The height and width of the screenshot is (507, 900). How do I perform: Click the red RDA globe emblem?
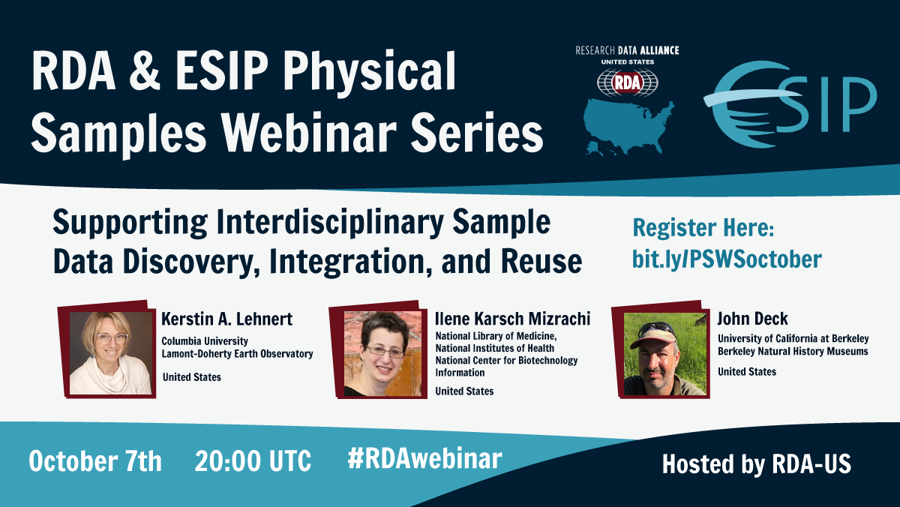628,82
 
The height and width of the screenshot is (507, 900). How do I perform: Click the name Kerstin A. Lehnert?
226,319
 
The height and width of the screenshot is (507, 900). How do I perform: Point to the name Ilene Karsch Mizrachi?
513,319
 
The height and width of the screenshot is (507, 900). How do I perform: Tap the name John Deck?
752,319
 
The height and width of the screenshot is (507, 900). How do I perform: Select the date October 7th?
95,460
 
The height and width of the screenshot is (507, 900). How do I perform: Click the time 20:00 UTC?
253,460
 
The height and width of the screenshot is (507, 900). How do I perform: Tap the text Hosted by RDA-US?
757,464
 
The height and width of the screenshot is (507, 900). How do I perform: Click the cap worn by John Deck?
653,335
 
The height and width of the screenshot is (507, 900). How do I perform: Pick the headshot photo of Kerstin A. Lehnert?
110,353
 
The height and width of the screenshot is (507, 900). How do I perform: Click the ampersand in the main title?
145,70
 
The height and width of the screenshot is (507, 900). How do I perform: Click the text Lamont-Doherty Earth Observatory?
237,353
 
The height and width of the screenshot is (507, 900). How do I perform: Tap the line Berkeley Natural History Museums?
793,351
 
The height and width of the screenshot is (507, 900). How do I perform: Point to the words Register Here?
703,228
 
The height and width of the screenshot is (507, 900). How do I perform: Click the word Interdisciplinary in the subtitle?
330,223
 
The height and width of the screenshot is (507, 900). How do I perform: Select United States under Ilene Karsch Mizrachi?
464,391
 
